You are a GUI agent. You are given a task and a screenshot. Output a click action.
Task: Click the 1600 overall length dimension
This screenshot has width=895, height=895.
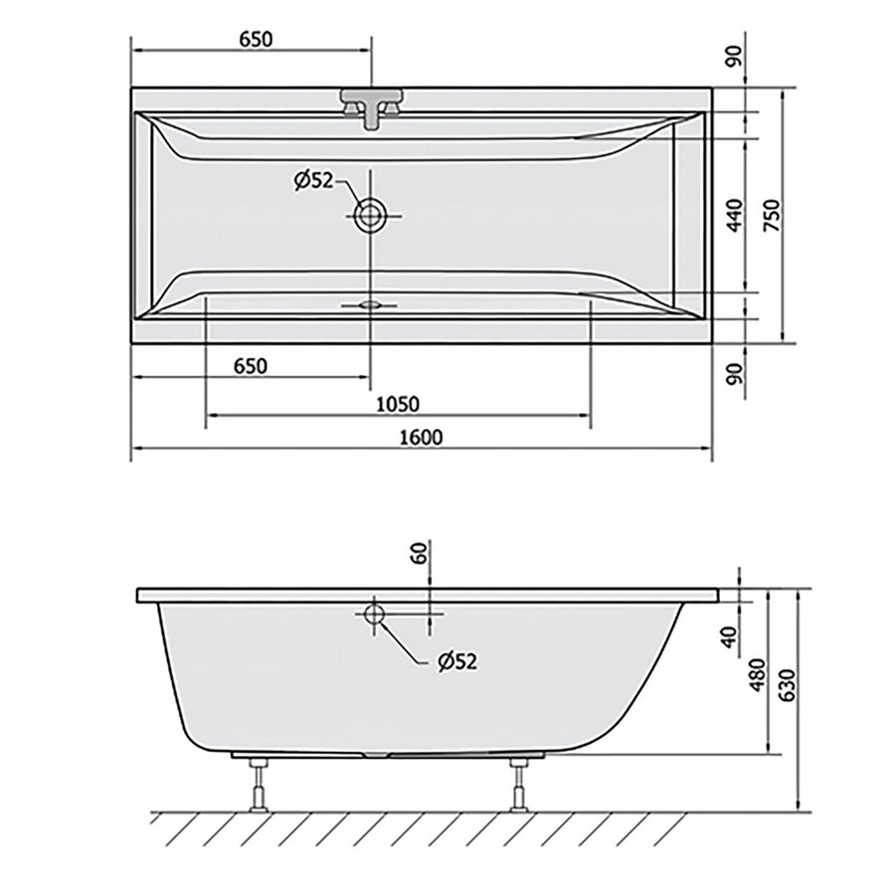(423, 437)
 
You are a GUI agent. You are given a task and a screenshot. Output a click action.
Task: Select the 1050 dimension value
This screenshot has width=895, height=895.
(398, 404)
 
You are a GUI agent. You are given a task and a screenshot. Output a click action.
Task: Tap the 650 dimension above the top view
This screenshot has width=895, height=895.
(256, 39)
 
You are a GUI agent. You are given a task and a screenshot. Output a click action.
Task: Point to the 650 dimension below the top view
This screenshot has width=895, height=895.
(251, 366)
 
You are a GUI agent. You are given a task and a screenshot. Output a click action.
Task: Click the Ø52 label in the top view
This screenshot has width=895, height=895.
(312, 180)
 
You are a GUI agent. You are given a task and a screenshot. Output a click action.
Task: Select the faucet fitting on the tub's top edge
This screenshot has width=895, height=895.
(372, 107)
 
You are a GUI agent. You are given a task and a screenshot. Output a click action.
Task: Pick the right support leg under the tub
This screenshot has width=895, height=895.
(517, 785)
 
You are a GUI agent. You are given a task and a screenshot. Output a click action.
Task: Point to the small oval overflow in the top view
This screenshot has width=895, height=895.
(371, 305)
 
